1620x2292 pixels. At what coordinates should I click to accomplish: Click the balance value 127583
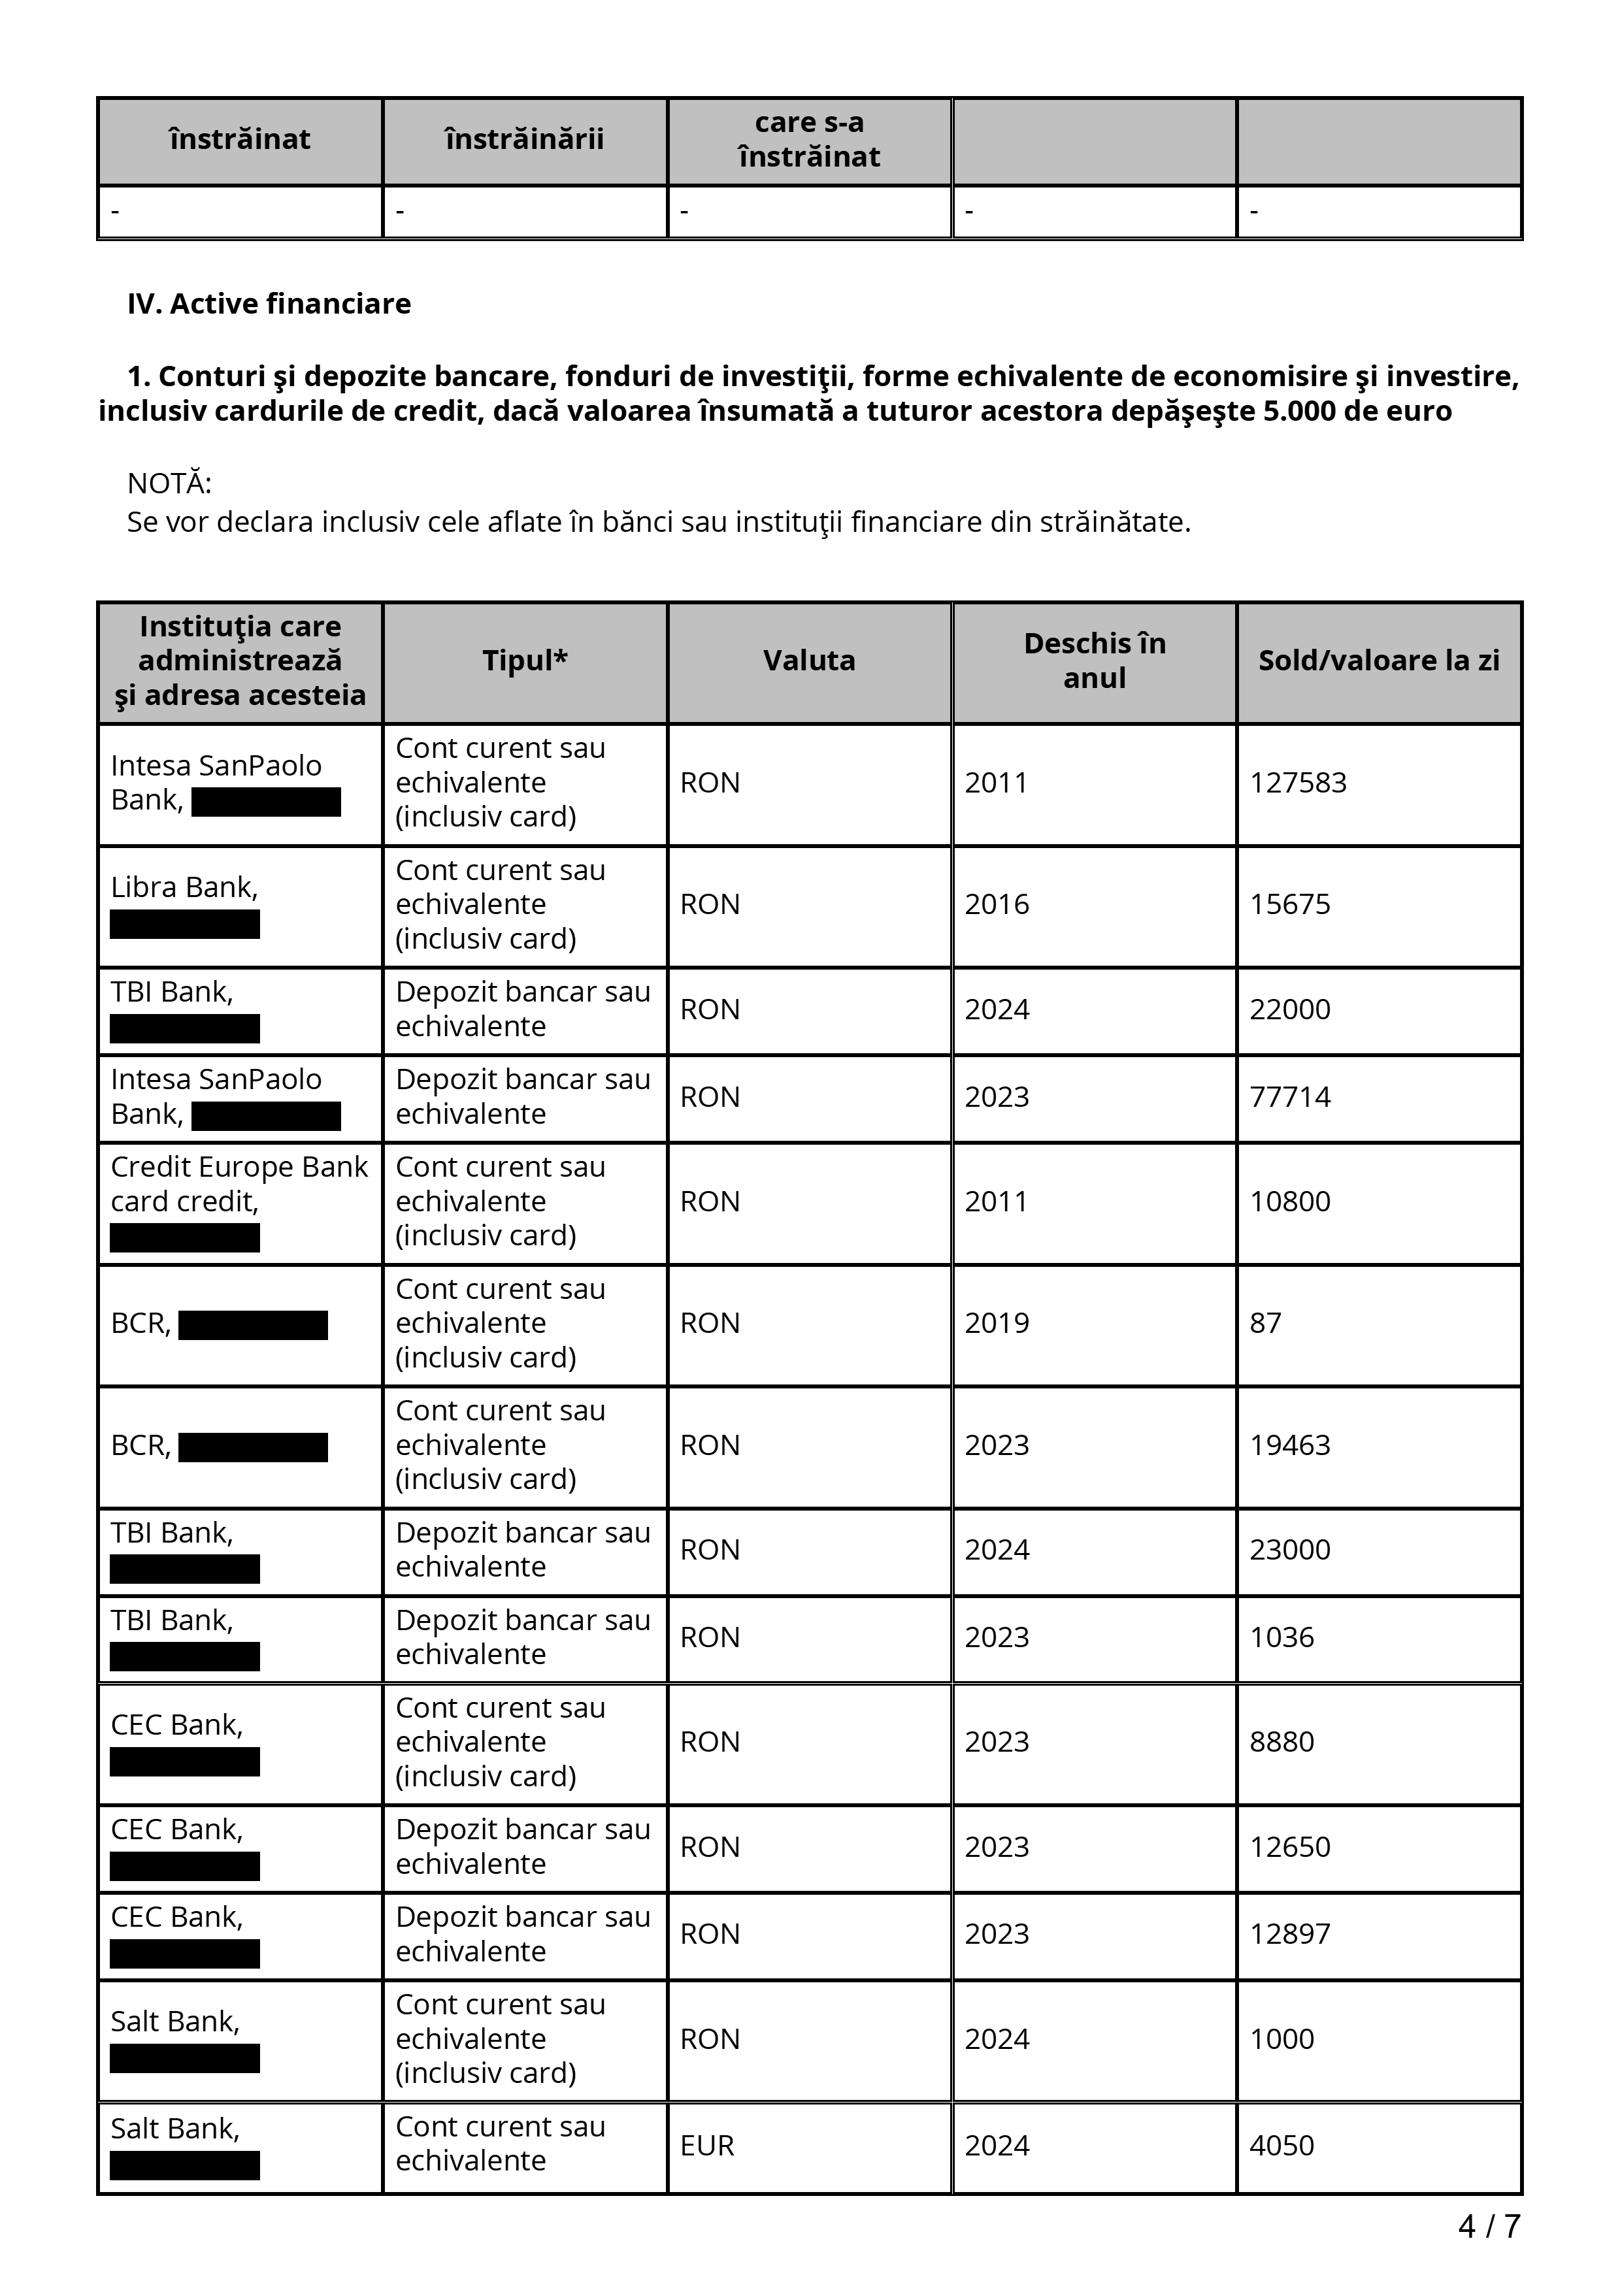click(1298, 783)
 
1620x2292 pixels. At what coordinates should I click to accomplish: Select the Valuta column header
click(808, 661)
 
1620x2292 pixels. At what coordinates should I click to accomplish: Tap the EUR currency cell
click(706, 2145)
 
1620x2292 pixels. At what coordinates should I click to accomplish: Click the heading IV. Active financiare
click(269, 303)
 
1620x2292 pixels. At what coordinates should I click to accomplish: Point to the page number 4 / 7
click(1488, 2225)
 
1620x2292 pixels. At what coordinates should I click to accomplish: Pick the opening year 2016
click(996, 904)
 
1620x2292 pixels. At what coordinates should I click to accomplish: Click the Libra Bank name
click(184, 887)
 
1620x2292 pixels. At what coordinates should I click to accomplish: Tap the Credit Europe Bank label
click(239, 1167)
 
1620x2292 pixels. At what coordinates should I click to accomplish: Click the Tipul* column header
click(525, 661)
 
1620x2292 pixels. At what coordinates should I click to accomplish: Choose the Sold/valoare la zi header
click(1378, 661)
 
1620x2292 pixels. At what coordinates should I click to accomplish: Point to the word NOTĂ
click(169, 484)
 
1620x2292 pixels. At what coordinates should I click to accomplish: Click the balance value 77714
click(1289, 1097)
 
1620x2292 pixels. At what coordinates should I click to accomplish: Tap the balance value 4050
click(1281, 2145)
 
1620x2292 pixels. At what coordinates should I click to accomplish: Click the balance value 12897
click(1289, 1933)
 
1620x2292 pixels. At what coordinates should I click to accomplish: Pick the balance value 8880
click(1281, 1742)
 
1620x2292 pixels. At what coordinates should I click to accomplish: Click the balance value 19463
click(1289, 1445)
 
